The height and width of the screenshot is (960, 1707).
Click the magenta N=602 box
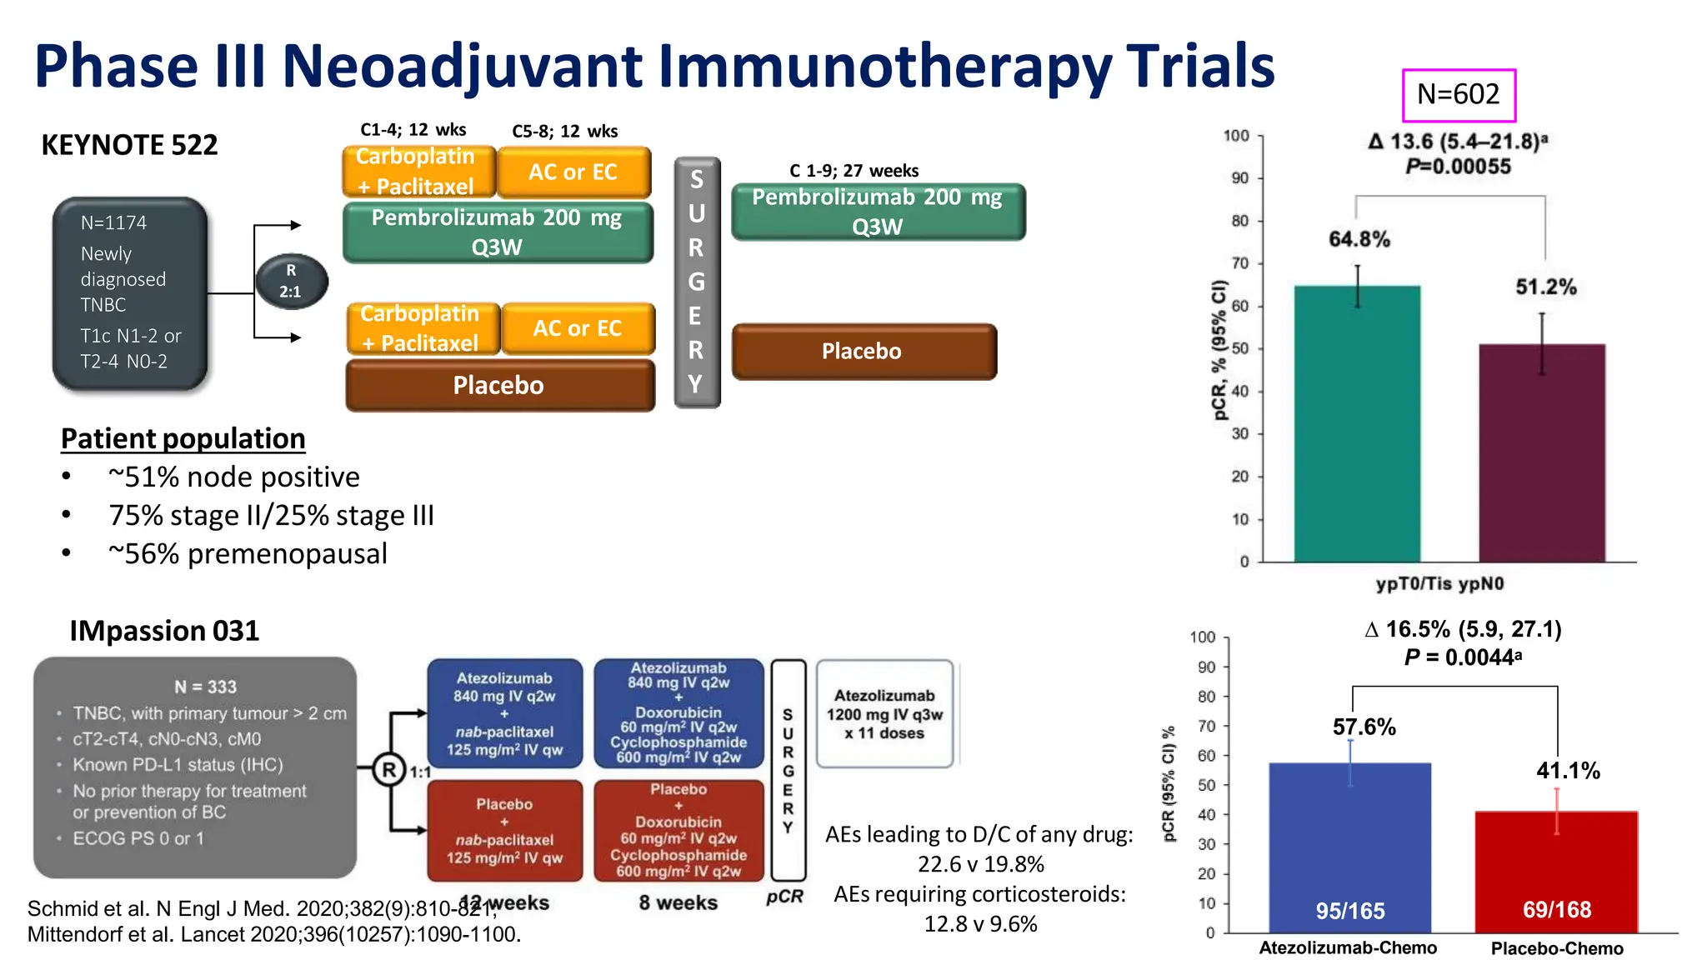pyautogui.click(x=1458, y=95)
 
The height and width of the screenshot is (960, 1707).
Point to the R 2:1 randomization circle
pyautogui.click(x=291, y=282)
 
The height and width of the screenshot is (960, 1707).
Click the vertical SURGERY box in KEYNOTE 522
pyautogui.click(x=697, y=282)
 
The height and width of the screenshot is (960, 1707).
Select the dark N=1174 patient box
pyautogui.click(x=129, y=293)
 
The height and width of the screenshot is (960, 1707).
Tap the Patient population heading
pyautogui.click(x=183, y=438)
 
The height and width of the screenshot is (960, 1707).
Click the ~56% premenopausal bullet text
pyautogui.click(x=248, y=553)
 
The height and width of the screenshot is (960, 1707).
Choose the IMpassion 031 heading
pyautogui.click(x=164, y=631)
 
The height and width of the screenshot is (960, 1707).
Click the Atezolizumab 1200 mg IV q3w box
pyautogui.click(x=884, y=714)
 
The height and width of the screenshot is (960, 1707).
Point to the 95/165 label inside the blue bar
pyautogui.click(x=1349, y=911)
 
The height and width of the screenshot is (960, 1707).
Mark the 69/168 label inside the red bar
pyautogui.click(x=1556, y=909)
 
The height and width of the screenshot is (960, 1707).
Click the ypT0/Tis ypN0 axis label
pyautogui.click(x=1439, y=583)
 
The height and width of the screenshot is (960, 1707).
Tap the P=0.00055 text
pyautogui.click(x=1457, y=167)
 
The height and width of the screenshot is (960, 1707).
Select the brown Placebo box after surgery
pyautogui.click(x=864, y=352)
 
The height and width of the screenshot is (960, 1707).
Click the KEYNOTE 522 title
pyautogui.click(x=129, y=145)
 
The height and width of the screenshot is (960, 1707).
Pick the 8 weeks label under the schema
pyautogui.click(x=678, y=902)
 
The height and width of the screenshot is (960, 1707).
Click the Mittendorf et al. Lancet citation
pyautogui.click(x=274, y=934)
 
